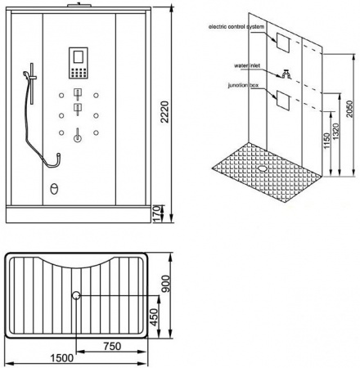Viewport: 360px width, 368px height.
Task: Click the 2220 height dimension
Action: [x=165, y=112]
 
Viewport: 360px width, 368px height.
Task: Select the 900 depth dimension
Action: [x=165, y=284]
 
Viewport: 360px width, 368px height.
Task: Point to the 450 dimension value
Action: [x=155, y=317]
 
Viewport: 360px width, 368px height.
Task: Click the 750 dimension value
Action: [x=112, y=346]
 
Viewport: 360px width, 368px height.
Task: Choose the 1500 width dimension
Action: [x=62, y=358]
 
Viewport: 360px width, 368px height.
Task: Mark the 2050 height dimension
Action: [x=349, y=109]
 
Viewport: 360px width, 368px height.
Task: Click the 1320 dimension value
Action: [x=336, y=132]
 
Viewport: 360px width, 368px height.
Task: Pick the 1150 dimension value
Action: [x=326, y=141]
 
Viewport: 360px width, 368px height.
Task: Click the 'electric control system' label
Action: [x=236, y=27]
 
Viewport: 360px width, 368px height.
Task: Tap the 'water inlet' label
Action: [x=247, y=65]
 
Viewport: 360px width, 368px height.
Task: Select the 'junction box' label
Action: [x=243, y=85]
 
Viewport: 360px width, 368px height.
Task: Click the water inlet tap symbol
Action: [x=286, y=74]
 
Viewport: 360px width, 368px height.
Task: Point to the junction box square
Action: [x=283, y=100]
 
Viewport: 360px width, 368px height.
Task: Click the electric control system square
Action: [x=283, y=43]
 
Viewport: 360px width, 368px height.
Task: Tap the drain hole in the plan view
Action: [x=76, y=295]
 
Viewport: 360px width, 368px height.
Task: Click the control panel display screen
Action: [x=78, y=57]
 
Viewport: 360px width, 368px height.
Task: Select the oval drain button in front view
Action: [x=54, y=189]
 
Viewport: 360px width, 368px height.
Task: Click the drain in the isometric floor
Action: [x=263, y=168]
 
